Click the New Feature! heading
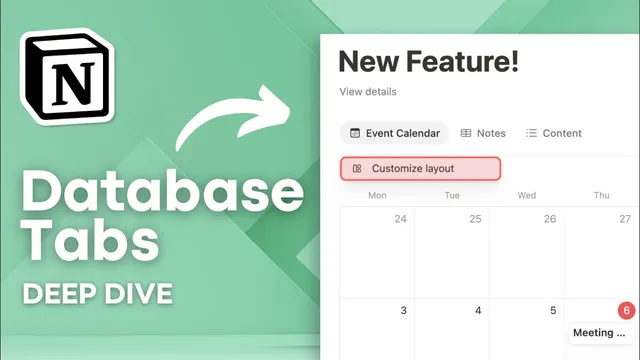tap(429, 61)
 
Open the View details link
tap(368, 92)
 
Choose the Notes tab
tap(483, 133)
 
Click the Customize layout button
tap(420, 168)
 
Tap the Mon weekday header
tap(377, 195)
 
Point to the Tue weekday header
tap(452, 195)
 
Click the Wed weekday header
tap(527, 195)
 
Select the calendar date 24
tap(401, 218)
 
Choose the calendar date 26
tap(550, 218)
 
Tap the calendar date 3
tap(403, 311)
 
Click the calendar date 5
tap(553, 311)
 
